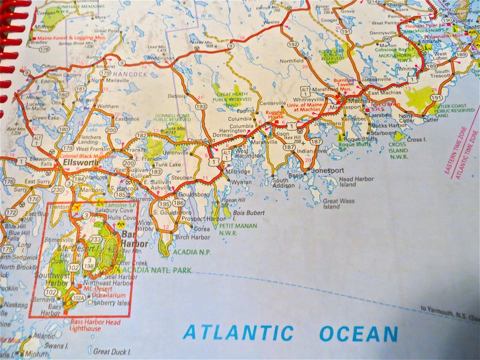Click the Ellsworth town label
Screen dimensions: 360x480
(x=81, y=165)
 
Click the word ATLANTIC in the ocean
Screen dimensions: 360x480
(x=238, y=332)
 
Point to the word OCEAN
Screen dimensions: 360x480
(x=358, y=334)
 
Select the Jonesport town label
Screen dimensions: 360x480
(x=328, y=170)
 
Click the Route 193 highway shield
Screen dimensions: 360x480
(x=201, y=106)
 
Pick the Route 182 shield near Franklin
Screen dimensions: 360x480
(x=142, y=135)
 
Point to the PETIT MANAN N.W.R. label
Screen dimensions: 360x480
(x=236, y=230)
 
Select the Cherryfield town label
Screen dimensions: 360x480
(x=199, y=141)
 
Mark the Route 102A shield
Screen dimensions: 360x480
(x=79, y=298)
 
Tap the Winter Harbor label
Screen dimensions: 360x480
(x=146, y=226)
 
